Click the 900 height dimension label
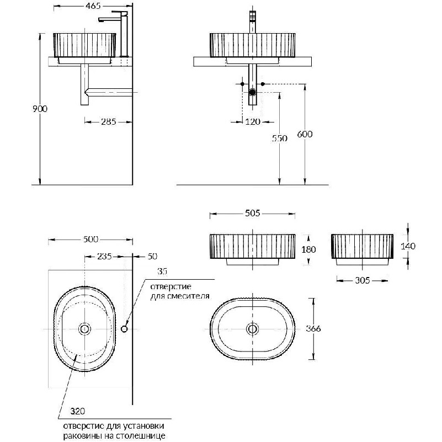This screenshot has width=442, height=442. (x=40, y=109)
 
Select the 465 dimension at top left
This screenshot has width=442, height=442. (x=93, y=6)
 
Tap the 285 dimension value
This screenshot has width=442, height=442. (x=109, y=122)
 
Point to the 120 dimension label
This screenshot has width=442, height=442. (x=253, y=122)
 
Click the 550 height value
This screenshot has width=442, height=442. (x=280, y=138)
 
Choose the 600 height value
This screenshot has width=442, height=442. (x=305, y=134)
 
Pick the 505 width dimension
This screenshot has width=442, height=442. (x=253, y=213)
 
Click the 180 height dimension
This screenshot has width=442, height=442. (x=308, y=249)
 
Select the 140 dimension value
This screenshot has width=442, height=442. (x=408, y=246)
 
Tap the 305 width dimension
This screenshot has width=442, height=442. (x=362, y=280)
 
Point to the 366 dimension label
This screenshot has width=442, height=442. (x=313, y=329)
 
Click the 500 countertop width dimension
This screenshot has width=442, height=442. (x=90, y=239)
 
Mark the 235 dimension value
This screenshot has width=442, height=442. (x=105, y=257)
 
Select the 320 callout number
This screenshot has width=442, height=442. (x=77, y=411)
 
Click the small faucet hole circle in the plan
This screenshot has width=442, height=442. (x=124, y=329)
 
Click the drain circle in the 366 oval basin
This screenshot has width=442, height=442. (x=252, y=329)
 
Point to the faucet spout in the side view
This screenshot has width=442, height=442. (x=109, y=19)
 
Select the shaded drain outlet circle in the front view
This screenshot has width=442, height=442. (x=252, y=92)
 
